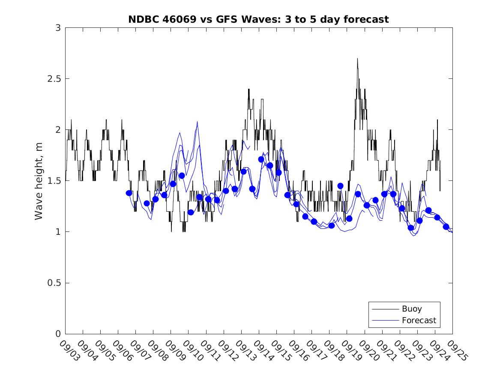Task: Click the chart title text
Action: (x=258, y=20)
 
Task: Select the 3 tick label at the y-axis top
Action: (x=58, y=28)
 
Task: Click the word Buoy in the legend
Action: (x=411, y=309)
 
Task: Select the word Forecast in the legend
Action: (x=419, y=320)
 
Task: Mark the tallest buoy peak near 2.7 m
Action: (x=357, y=59)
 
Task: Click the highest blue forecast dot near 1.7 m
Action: (x=261, y=159)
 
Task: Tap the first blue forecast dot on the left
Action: (x=129, y=193)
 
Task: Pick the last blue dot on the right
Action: (x=446, y=227)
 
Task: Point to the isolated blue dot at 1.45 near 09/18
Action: (x=340, y=186)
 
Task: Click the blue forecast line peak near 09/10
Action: (x=197, y=122)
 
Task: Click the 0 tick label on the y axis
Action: (x=58, y=334)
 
